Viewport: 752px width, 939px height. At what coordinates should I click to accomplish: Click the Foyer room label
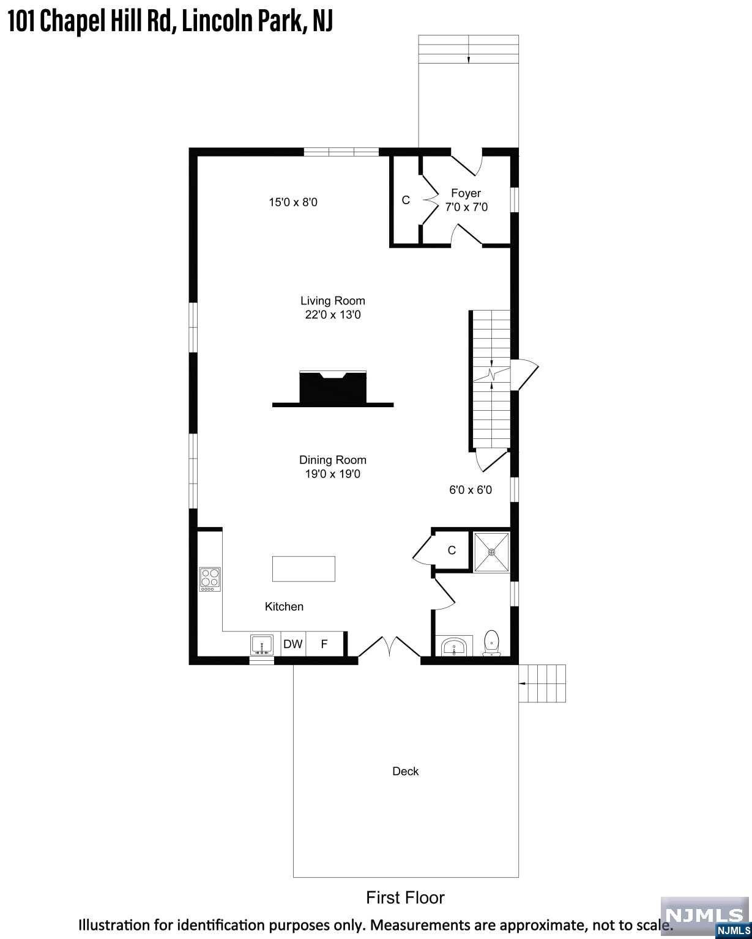tap(466, 193)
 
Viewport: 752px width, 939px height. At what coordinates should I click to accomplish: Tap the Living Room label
tap(332, 301)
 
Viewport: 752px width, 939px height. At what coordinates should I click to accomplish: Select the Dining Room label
tap(332, 460)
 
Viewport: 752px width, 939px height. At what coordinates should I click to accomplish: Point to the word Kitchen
tap(284, 606)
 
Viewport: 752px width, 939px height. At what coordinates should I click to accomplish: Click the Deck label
tap(405, 771)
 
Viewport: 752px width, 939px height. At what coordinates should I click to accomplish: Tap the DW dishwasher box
tap(293, 644)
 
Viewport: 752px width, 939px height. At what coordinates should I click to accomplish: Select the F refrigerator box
tap(324, 644)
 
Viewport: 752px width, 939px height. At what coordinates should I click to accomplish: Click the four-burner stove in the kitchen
tap(210, 579)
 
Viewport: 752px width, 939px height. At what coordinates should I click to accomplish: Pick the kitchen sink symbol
tap(262, 645)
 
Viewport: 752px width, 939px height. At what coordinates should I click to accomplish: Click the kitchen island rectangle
tap(303, 569)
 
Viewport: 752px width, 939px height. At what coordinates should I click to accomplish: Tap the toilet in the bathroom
tap(491, 643)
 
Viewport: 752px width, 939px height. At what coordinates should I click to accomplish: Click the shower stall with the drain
tap(491, 552)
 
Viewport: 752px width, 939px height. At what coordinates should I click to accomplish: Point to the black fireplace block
tap(333, 388)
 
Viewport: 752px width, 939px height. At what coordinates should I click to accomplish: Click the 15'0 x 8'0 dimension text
tap(293, 202)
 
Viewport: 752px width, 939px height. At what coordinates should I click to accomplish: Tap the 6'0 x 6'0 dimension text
tap(471, 490)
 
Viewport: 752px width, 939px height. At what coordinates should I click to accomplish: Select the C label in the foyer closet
tap(406, 201)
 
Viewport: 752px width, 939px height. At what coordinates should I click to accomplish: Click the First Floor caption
tap(405, 898)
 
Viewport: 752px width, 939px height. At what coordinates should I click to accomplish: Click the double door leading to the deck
tap(389, 647)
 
